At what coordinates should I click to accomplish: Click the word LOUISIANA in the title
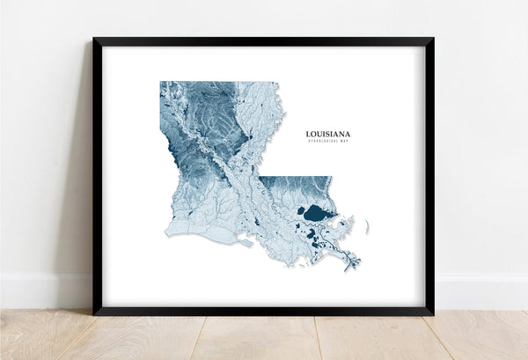tap(327, 135)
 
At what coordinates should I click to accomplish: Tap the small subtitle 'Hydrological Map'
tap(327, 143)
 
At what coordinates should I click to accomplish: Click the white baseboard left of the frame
tap(44, 290)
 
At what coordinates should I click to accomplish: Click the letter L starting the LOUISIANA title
tap(308, 135)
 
